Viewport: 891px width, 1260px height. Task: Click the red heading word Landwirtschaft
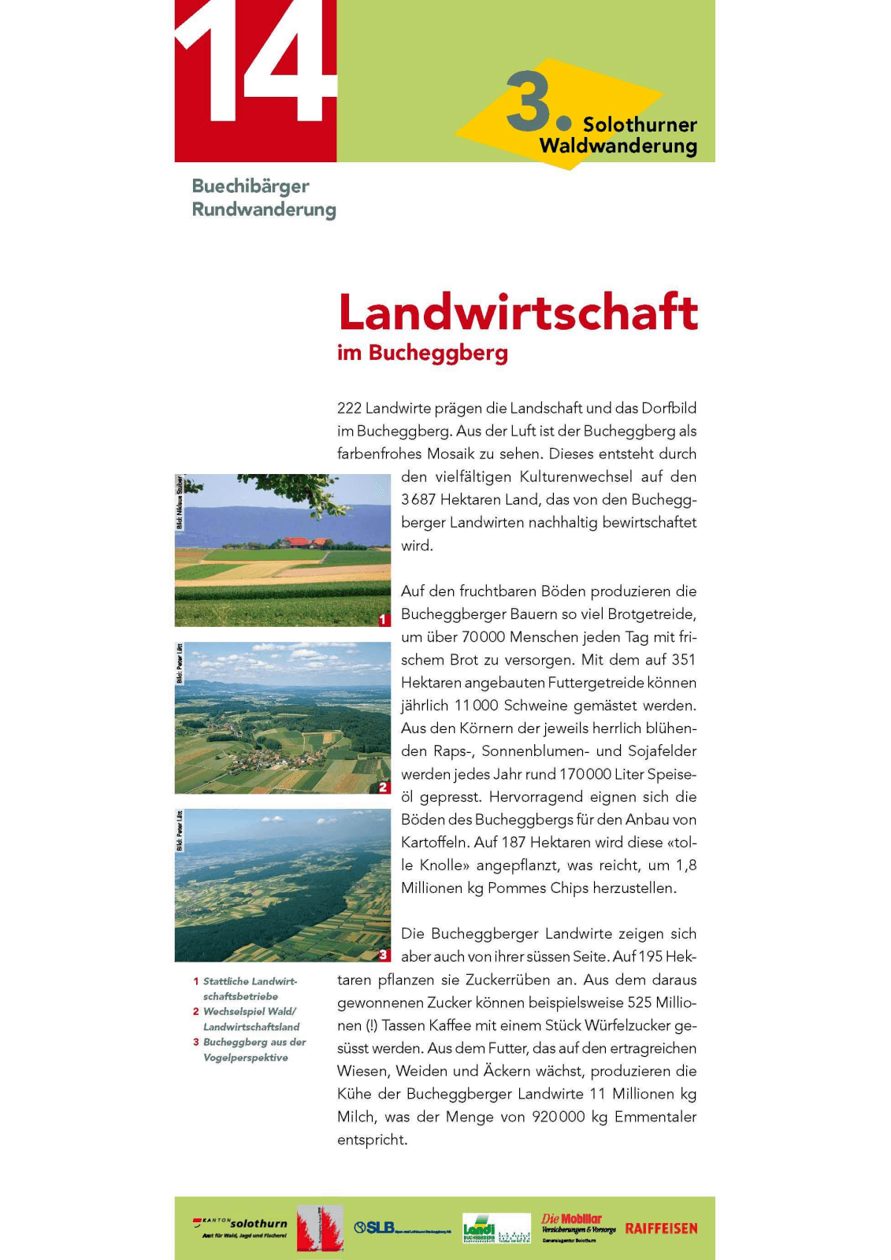coord(518,313)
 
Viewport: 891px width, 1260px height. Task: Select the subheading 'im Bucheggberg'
coord(422,353)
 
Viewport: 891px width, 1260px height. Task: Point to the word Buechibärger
coord(251,187)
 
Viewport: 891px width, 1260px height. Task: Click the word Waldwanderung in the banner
coord(618,146)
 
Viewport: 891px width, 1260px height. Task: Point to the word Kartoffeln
coord(435,842)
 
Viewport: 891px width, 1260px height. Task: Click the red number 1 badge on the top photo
coord(384,620)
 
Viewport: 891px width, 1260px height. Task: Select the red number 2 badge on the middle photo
coord(384,787)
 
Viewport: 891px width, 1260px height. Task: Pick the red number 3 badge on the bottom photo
coord(384,954)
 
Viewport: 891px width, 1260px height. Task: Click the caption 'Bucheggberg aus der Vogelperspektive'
coord(250,1050)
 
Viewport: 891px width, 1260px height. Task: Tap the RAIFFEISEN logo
coord(661,1228)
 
